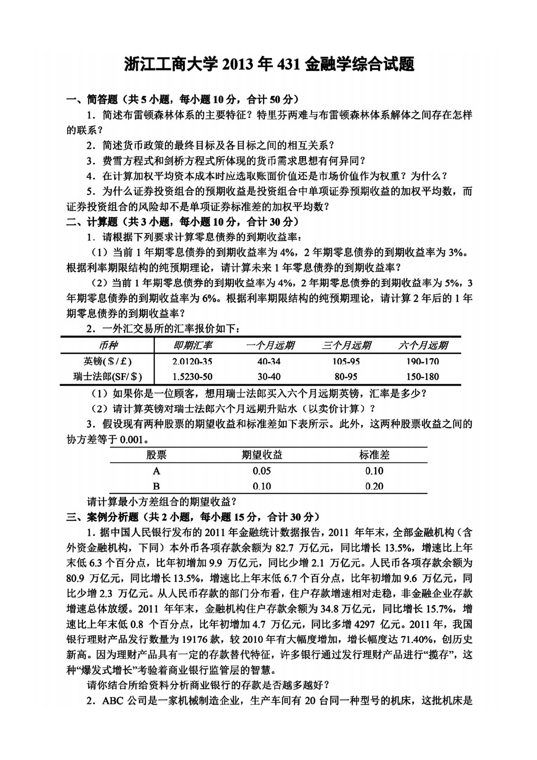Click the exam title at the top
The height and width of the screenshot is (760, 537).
pyautogui.click(x=269, y=65)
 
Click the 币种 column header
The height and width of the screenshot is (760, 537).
pyautogui.click(x=107, y=346)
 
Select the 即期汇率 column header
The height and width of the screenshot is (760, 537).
pyautogui.click(x=193, y=346)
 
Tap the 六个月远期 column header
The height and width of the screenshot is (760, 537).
pyautogui.click(x=423, y=346)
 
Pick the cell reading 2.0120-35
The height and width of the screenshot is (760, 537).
pyautogui.click(x=192, y=362)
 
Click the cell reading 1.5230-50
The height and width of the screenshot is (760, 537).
pyautogui.click(x=192, y=377)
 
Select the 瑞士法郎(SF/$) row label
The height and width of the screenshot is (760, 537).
pyautogui.click(x=107, y=377)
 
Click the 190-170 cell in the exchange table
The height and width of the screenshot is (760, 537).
pyautogui.click(x=423, y=362)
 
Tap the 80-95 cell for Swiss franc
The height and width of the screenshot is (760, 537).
pyautogui.click(x=346, y=377)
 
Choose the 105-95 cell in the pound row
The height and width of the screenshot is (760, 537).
pyautogui.click(x=346, y=362)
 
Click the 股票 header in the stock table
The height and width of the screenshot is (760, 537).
pyautogui.click(x=156, y=455)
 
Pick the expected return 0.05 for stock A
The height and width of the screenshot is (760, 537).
pyautogui.click(x=262, y=471)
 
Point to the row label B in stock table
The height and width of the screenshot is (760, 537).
pyautogui.click(x=156, y=486)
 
